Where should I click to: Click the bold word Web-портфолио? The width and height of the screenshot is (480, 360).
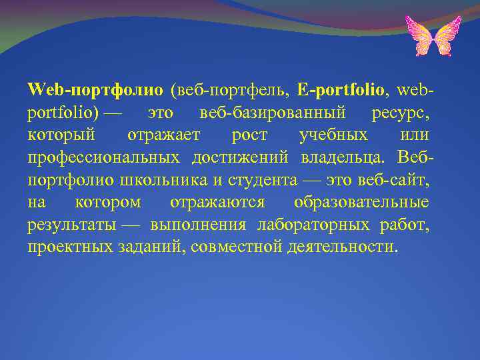95,89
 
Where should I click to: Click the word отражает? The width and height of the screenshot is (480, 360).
164,135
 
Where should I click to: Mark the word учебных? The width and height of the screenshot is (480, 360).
333,135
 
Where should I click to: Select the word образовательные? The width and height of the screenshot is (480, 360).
361,202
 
